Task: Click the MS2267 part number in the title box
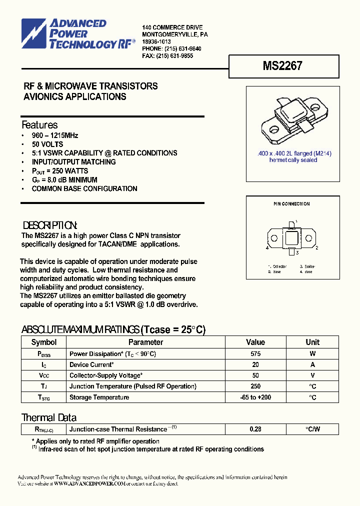(x=282, y=66)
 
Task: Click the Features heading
(x=39, y=125)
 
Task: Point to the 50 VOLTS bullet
(x=47, y=144)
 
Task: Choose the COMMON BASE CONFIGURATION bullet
(x=84, y=188)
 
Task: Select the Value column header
(x=255, y=342)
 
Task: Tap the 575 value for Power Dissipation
(x=255, y=353)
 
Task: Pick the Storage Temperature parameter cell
(x=99, y=397)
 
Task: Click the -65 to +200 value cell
(x=255, y=397)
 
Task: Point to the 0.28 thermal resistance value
(x=255, y=429)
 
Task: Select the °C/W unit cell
(x=312, y=429)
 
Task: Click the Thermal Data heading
(x=48, y=417)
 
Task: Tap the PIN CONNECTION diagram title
(x=291, y=204)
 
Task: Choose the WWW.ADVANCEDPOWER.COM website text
(x=89, y=484)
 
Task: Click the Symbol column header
(x=44, y=342)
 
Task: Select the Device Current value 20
(x=255, y=364)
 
